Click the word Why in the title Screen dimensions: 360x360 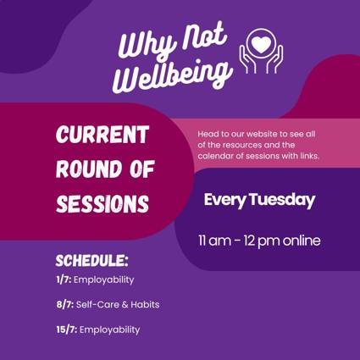click(147, 42)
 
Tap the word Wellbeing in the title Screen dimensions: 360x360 click(173, 75)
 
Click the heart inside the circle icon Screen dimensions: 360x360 click(262, 44)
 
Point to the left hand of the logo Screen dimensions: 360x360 click(247, 60)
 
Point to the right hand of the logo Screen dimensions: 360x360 click(274, 60)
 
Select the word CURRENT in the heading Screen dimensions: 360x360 click(102, 135)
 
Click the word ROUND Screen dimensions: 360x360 click(91, 169)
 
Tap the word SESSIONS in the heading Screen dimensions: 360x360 click(102, 203)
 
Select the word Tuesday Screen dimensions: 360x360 click(282, 200)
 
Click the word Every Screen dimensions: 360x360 click(225, 201)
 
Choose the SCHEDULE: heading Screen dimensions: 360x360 click(91, 261)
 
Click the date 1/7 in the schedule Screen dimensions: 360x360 click(64, 280)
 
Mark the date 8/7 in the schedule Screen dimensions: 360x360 click(65, 305)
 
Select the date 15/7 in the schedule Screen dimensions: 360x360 click(67, 330)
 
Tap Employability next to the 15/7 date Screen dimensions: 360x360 click(109, 330)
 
